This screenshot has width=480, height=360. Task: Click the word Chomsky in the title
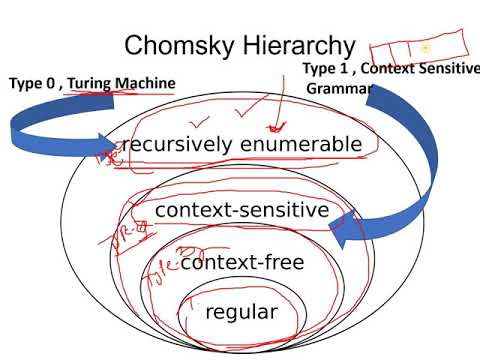[177, 46]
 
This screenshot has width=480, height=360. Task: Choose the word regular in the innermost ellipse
[240, 312]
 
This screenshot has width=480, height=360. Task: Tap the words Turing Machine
[121, 83]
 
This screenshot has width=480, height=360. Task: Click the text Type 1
[325, 68]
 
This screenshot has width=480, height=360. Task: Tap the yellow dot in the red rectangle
[425, 48]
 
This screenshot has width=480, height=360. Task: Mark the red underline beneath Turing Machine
[125, 94]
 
